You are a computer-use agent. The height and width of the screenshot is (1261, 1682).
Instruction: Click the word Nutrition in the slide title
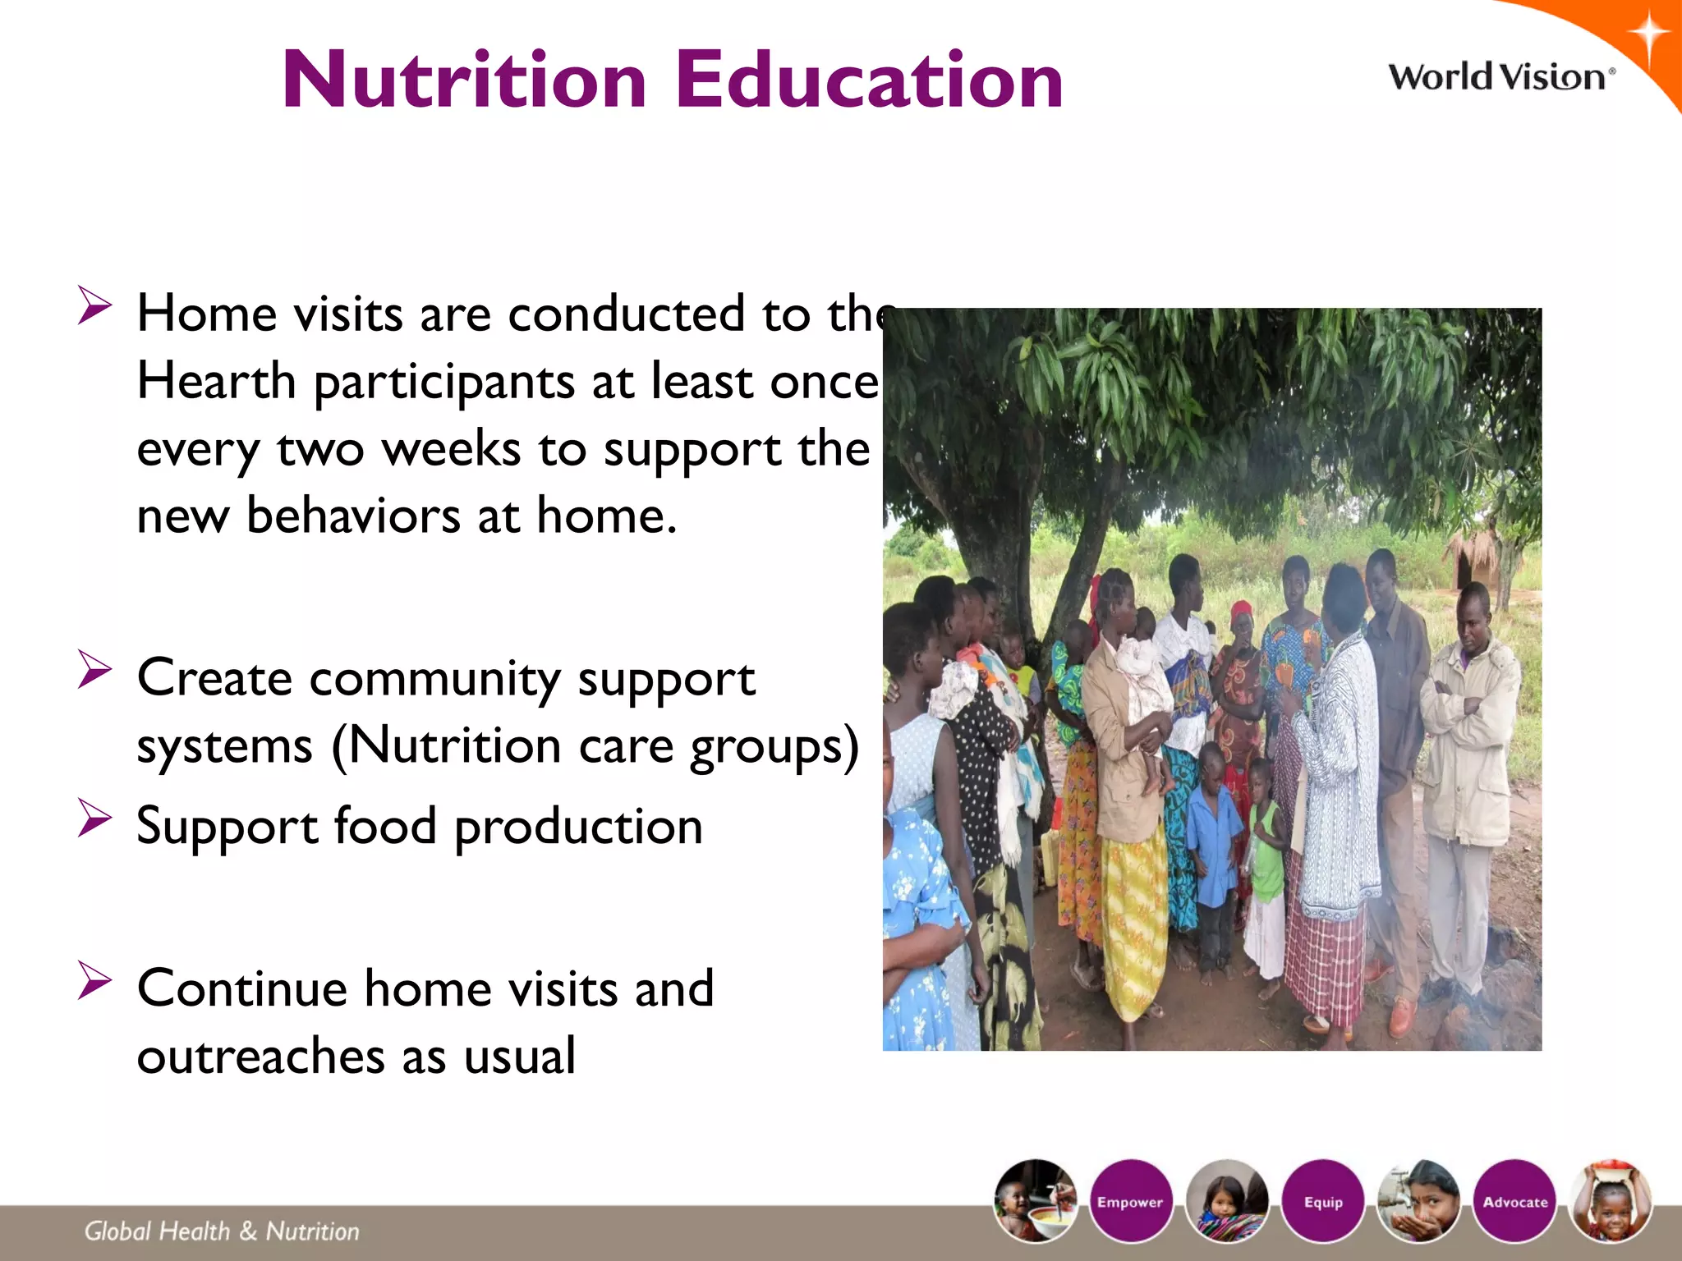click(464, 80)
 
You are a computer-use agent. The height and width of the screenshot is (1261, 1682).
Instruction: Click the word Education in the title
click(869, 80)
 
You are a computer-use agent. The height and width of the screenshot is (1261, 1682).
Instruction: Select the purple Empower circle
click(1130, 1201)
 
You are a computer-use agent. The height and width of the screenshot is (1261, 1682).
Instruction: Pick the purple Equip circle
click(1322, 1201)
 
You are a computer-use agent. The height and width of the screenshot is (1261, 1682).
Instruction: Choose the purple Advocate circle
click(1514, 1201)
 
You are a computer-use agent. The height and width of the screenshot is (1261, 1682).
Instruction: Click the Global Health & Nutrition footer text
click(222, 1231)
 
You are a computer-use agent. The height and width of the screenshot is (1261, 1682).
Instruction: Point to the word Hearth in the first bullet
click(216, 381)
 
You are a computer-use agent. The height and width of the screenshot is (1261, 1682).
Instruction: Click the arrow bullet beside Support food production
click(94, 819)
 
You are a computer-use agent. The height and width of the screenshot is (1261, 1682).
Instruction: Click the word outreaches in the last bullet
click(260, 1056)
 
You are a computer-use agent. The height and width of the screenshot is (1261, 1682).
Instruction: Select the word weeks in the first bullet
click(451, 449)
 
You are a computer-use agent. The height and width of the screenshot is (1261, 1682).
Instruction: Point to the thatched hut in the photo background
click(1474, 558)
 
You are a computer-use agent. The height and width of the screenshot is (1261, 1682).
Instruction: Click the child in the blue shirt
click(1214, 837)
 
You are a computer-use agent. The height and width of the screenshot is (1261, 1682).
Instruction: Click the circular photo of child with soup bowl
click(1035, 1200)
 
